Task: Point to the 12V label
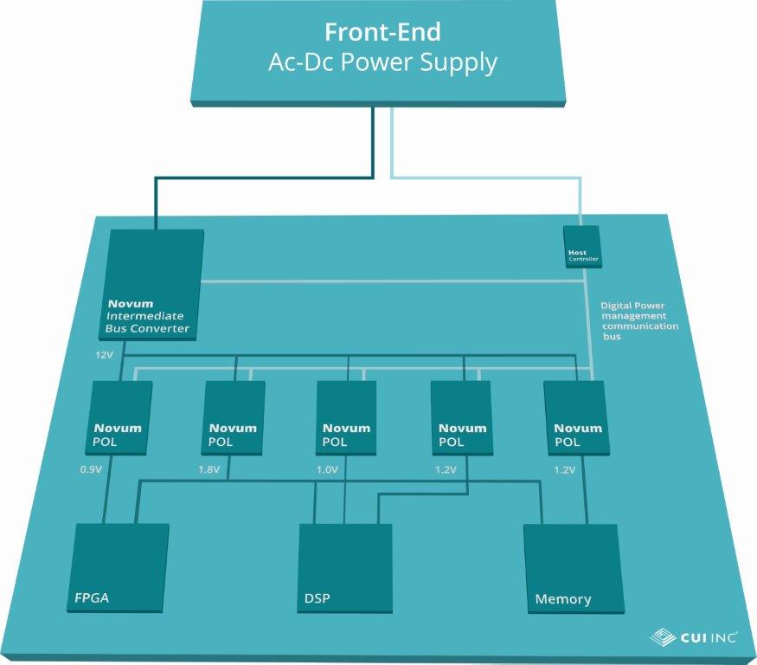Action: pos(105,356)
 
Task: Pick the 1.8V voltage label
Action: pos(210,470)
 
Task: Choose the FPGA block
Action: pos(119,566)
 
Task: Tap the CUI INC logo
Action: pos(694,638)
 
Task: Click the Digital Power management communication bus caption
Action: pos(639,320)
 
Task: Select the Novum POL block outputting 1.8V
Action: pos(233,417)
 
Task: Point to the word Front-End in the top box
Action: pos(382,33)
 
